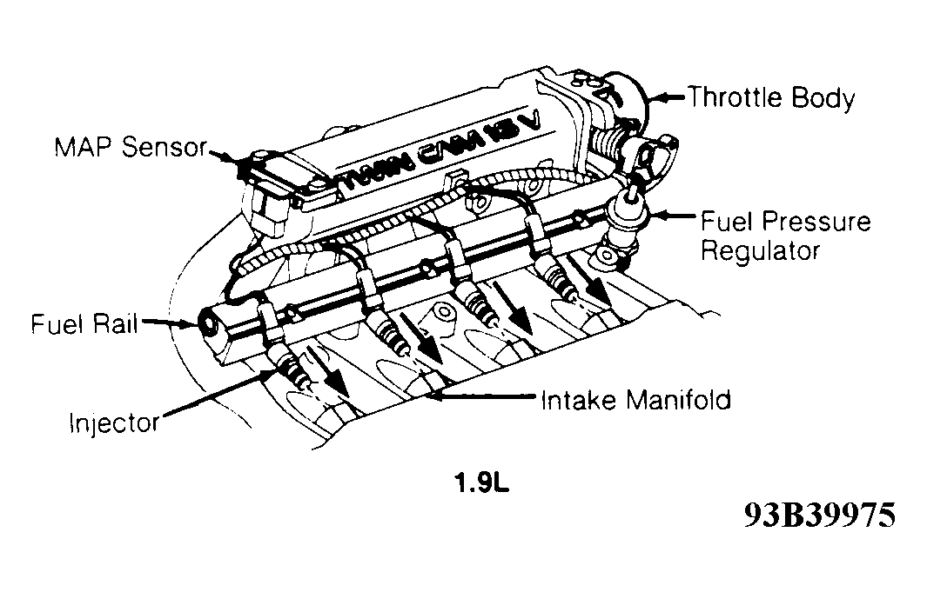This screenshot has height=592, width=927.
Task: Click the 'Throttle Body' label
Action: coord(771,97)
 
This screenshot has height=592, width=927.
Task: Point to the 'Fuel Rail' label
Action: coord(84,325)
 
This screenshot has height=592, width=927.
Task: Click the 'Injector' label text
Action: coord(114,423)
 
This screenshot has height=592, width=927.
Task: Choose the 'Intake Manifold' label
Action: coord(635,401)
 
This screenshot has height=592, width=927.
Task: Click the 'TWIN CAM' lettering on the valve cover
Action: coord(444,156)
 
